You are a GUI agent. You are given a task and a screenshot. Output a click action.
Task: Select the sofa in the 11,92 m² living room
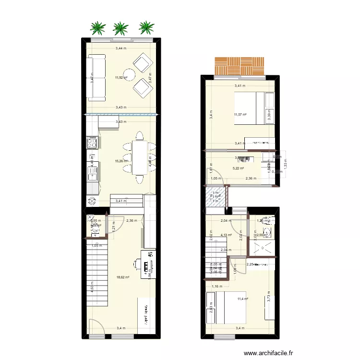click(x=96, y=77)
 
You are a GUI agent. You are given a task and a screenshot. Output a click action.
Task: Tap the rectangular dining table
click(x=140, y=157)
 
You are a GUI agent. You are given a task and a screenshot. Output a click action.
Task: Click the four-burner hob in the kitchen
click(x=92, y=142)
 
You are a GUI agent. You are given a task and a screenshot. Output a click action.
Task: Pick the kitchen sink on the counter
click(x=92, y=170)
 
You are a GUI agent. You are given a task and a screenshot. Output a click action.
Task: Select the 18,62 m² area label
click(x=123, y=277)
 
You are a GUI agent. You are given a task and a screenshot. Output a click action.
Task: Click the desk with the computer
click(x=148, y=264)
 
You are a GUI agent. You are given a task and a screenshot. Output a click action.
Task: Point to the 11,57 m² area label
click(x=240, y=114)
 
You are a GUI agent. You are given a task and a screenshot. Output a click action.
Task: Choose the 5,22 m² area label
click(x=239, y=168)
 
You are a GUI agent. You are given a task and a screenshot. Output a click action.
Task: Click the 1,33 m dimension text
click(x=285, y=164)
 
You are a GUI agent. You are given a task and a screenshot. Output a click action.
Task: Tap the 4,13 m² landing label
click(x=226, y=235)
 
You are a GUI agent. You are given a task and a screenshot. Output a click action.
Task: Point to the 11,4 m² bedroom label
click(x=242, y=299)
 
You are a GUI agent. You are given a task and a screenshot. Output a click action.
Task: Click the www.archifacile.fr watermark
click(x=268, y=354)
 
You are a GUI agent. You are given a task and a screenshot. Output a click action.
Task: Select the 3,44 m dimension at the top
click(x=121, y=48)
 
